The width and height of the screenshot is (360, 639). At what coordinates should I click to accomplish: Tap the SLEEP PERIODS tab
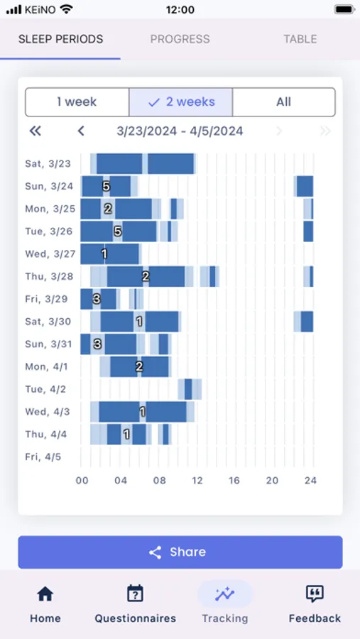coord(60,39)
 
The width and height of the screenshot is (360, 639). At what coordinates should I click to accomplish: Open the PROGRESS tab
coord(180,39)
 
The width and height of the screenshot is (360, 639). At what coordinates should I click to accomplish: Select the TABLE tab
coord(300,39)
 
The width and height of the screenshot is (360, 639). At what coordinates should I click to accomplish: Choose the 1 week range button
coord(77,102)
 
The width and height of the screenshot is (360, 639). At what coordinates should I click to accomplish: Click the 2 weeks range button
coord(180,102)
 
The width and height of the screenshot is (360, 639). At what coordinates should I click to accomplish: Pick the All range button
coord(283,102)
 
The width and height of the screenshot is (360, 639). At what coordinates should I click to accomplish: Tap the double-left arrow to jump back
coord(35,131)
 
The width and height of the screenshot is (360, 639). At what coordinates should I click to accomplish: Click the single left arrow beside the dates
coord(81,131)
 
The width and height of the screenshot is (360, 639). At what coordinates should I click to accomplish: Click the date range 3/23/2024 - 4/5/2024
coord(180,131)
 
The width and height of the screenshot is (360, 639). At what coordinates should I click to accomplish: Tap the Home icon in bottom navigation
coord(45,594)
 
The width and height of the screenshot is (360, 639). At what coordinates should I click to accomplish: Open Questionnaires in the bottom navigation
coord(136,594)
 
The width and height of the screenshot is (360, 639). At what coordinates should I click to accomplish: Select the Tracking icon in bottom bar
coord(224,594)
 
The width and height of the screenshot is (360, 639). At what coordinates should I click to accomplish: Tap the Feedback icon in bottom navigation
coord(315,594)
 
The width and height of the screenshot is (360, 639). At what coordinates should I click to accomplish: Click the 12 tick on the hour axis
coord(197,481)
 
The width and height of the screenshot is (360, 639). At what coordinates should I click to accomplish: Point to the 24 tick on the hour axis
coord(310,481)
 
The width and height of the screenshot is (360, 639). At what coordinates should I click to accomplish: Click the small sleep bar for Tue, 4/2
coord(188,389)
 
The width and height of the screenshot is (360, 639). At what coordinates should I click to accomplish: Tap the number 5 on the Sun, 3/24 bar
coord(106,186)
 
